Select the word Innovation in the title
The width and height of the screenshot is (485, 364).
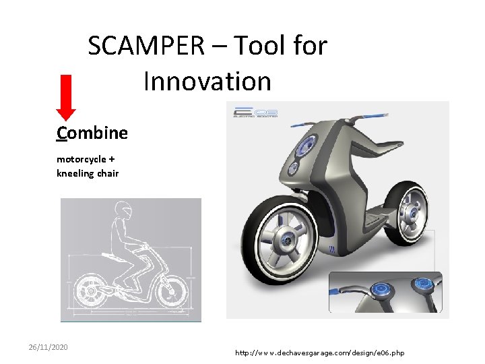(x=207, y=82)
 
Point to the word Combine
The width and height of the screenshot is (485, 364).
(x=92, y=133)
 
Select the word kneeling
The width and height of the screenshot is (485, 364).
(x=72, y=173)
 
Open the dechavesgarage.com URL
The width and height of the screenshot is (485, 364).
(x=319, y=353)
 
